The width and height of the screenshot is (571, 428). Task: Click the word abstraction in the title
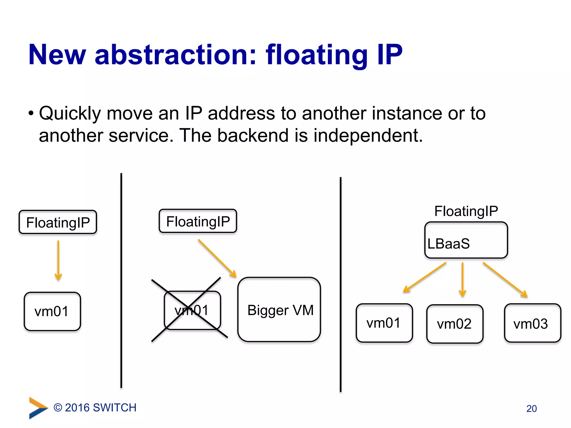point(175,55)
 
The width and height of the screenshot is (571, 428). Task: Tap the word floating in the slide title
point(317,55)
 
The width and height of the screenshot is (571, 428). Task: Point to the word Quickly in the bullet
point(70,113)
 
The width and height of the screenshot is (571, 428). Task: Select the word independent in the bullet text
point(368,136)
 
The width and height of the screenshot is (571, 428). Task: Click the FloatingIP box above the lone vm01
point(58,222)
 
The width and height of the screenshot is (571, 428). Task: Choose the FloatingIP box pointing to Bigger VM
point(198,221)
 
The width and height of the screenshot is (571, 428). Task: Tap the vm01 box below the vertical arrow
point(52,311)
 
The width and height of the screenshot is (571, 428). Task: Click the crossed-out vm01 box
point(192,310)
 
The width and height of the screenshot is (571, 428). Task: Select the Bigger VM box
point(279,310)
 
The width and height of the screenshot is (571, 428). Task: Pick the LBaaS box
point(466,240)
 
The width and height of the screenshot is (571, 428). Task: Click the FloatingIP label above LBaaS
point(466,211)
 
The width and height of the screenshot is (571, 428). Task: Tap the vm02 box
point(454,324)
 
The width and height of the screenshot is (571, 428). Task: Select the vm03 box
point(532,323)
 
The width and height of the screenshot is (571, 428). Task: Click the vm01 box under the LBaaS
point(384,323)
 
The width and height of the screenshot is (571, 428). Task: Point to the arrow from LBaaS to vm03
point(505,279)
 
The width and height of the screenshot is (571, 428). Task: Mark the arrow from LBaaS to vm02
point(462,279)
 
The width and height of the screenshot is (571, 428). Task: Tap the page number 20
point(531,408)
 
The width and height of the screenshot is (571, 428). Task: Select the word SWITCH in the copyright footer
point(115,408)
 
